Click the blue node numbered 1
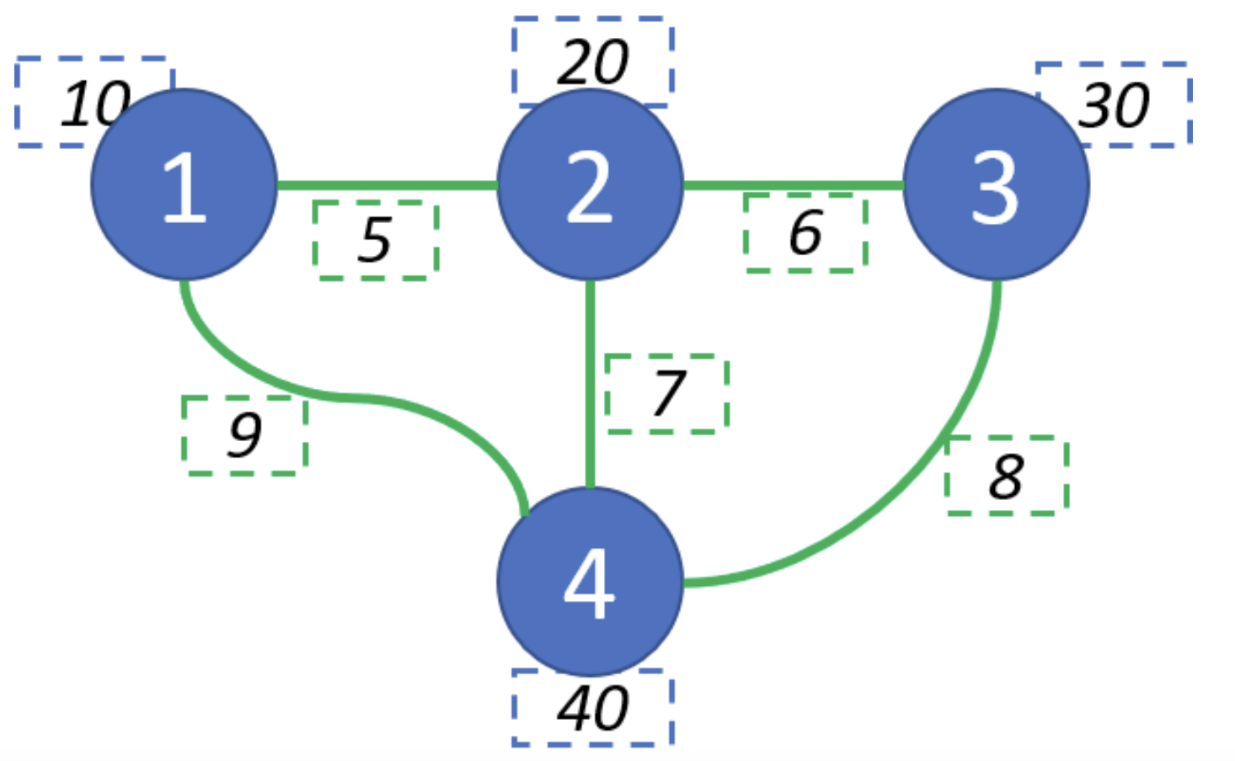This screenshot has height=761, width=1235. click(x=184, y=184)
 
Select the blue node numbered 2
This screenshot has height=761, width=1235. click(x=590, y=184)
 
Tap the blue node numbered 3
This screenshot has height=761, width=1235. click(x=996, y=184)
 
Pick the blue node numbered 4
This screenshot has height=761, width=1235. click(x=590, y=582)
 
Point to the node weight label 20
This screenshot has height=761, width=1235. click(x=592, y=61)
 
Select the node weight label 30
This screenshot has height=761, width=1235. click(x=1114, y=105)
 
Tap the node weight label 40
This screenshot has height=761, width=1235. click(x=592, y=708)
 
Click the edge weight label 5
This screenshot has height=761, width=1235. click(x=376, y=240)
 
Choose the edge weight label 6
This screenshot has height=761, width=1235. click(x=805, y=232)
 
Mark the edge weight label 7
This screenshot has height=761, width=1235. click(x=667, y=393)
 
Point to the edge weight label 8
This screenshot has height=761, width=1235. click(x=1007, y=476)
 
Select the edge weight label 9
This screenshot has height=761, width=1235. click(x=244, y=435)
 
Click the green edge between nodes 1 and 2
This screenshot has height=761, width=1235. click(x=388, y=184)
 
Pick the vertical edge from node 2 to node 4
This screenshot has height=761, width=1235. click(x=590, y=383)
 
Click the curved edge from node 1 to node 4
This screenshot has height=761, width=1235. click(x=354, y=397)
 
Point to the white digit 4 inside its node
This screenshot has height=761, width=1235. click(x=589, y=583)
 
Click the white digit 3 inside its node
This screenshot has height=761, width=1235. click(x=995, y=187)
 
